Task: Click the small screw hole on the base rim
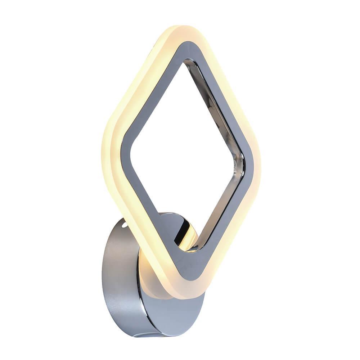pyautogui.click(x=124, y=225)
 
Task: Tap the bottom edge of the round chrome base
pyautogui.click(x=151, y=333)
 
